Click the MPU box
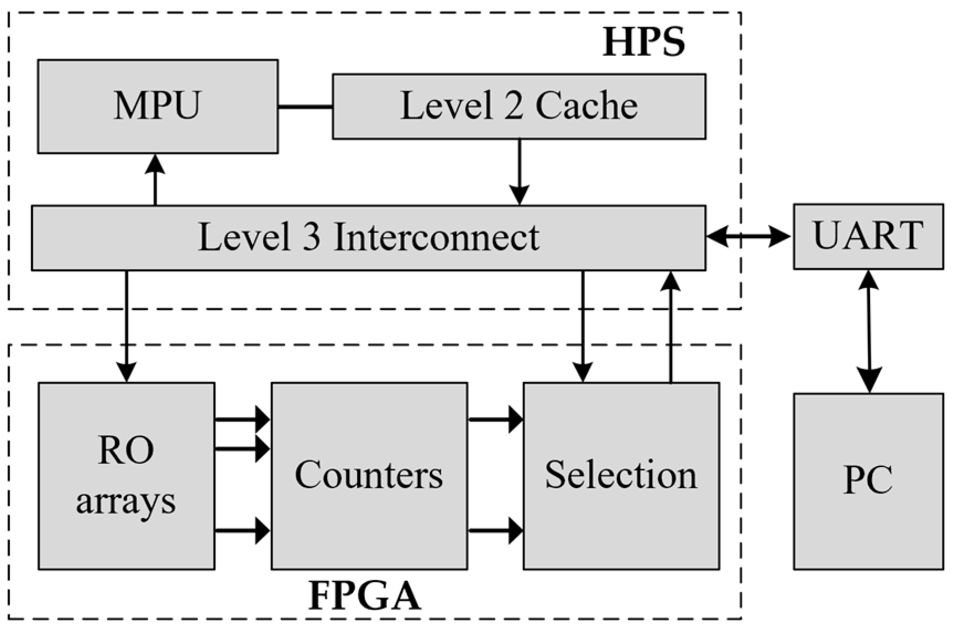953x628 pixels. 158,106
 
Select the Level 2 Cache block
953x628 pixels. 519,106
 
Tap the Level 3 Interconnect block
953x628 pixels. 368,238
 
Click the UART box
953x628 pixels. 868,237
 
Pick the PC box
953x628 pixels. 868,481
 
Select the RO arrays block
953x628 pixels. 126,475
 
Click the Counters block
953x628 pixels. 369,475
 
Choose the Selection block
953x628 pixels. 621,475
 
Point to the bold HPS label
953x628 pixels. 643,42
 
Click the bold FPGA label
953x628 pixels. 364,596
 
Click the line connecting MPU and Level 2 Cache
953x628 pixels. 305,106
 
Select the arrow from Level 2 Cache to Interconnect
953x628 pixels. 519,171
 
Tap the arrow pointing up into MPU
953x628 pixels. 155,180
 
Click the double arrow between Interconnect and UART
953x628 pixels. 749,237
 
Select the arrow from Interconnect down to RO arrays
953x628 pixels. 127,326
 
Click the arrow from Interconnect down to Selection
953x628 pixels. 583,326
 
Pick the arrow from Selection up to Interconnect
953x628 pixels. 671,326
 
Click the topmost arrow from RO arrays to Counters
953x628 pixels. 242,420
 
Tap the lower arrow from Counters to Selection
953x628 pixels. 495,531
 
